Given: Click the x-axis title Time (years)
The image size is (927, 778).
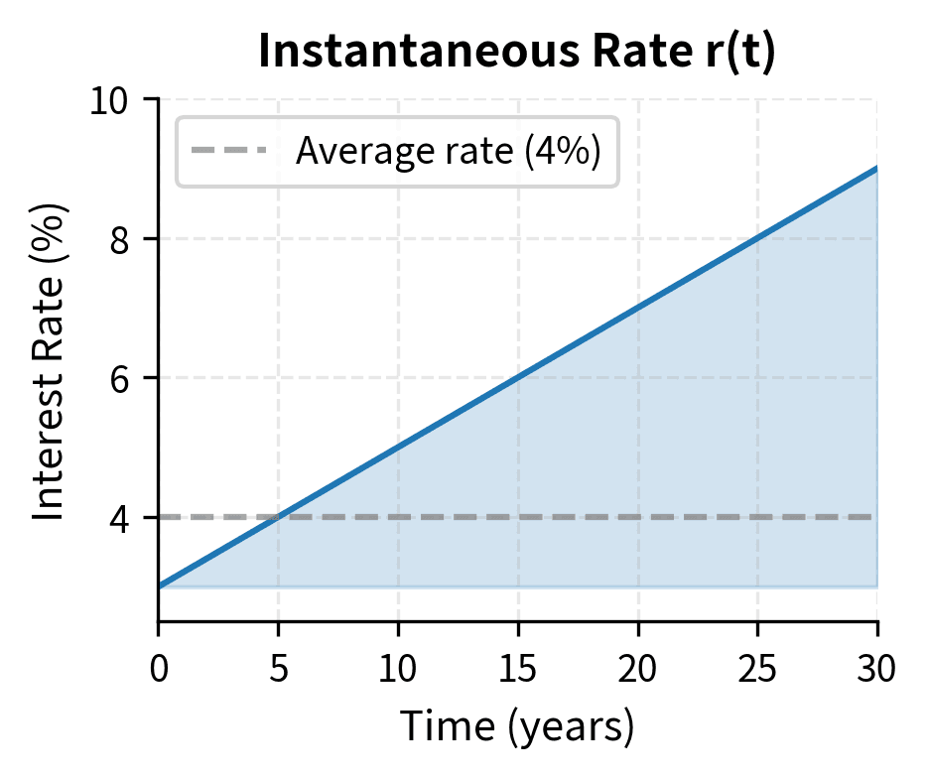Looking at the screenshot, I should click(516, 727).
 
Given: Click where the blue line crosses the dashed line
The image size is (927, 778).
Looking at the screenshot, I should click(279, 517).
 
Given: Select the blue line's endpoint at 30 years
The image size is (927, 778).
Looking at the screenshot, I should click(877, 169).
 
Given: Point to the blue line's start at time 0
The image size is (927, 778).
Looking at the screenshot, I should click(159, 586).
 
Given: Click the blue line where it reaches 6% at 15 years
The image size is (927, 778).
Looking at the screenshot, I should click(518, 378).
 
